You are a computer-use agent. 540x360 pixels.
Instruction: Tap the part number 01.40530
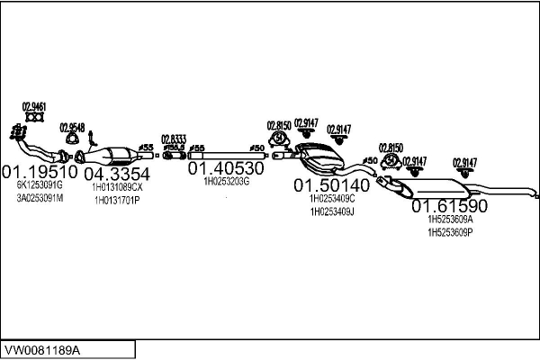click(x=225, y=167)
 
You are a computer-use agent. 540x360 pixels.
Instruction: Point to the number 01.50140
click(x=332, y=184)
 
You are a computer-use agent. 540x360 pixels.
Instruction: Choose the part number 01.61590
click(x=449, y=206)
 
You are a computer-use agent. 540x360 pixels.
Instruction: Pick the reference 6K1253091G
click(x=40, y=184)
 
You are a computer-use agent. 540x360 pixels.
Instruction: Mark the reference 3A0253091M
click(x=40, y=197)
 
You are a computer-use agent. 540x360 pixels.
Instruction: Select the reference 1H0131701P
click(x=117, y=200)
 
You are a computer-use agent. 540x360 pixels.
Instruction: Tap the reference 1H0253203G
click(x=226, y=181)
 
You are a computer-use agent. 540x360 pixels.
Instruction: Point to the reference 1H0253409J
click(x=332, y=211)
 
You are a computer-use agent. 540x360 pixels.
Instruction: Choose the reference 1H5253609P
click(x=450, y=231)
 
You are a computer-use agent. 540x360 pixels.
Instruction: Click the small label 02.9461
click(x=35, y=105)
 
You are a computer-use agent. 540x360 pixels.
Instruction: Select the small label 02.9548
click(x=72, y=128)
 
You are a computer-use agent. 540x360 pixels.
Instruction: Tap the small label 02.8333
click(x=174, y=139)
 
